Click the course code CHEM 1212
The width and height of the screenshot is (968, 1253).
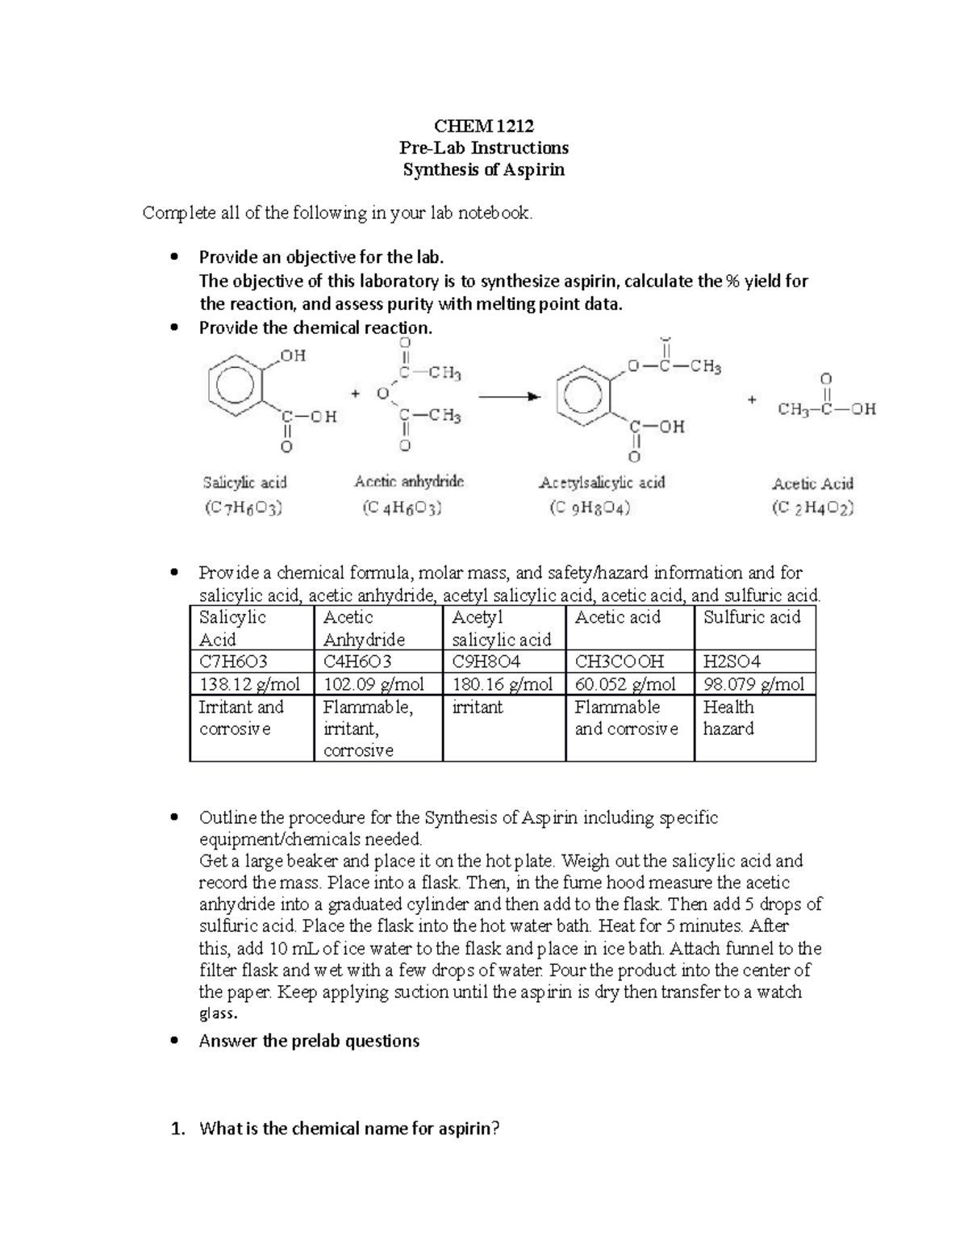tap(484, 126)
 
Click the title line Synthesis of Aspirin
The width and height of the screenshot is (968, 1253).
tap(484, 169)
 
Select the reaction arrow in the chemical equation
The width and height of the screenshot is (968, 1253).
tap(508, 396)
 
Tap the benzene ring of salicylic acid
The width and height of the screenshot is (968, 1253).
tap(234, 387)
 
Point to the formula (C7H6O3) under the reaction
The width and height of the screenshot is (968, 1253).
tap(243, 507)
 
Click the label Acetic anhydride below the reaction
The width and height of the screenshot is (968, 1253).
tap(409, 482)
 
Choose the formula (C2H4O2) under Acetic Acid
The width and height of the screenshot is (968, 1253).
tap(812, 507)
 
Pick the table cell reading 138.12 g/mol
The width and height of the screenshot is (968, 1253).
tap(250, 684)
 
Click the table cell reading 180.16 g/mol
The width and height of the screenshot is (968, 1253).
tap(503, 684)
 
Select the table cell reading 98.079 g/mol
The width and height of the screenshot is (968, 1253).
tap(753, 684)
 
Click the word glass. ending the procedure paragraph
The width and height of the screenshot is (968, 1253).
tap(218, 1013)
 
